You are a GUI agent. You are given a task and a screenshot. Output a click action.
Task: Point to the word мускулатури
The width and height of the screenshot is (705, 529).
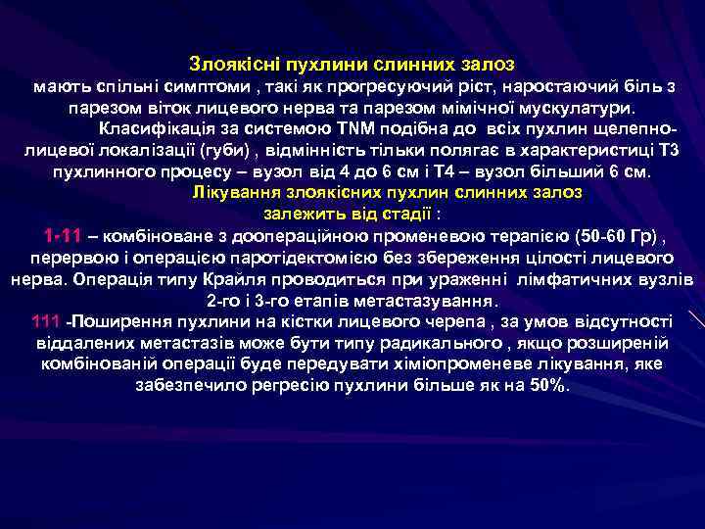point(582,107)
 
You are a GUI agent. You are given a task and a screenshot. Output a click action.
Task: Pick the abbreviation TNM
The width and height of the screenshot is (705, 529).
point(348,128)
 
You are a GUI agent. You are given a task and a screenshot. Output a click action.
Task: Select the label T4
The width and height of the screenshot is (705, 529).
point(491,171)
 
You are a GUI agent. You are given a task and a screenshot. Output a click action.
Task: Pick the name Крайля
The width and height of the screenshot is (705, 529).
point(233,279)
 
